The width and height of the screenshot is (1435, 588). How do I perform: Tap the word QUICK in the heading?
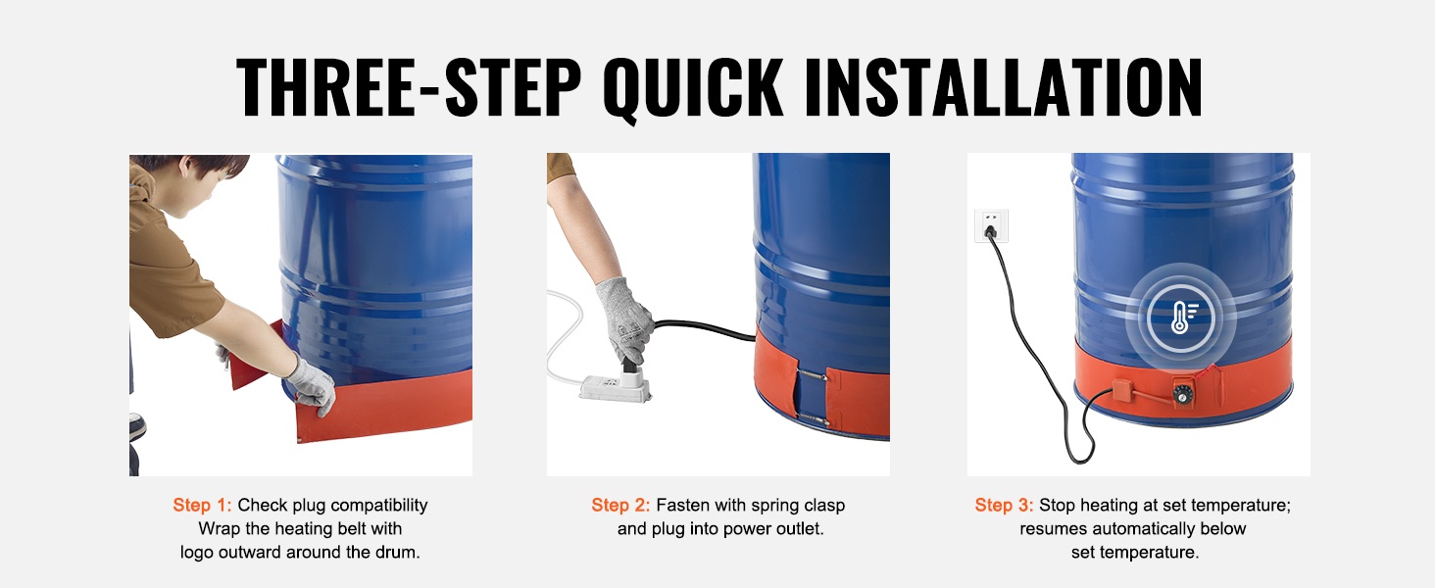click(x=693, y=88)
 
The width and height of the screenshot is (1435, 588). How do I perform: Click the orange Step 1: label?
click(x=202, y=506)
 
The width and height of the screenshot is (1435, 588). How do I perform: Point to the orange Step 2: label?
click(x=620, y=506)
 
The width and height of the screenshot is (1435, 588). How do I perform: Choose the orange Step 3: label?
click(x=1004, y=506)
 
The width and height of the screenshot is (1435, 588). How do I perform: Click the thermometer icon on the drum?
click(x=1180, y=318)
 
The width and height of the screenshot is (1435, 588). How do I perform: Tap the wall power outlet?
click(x=991, y=225)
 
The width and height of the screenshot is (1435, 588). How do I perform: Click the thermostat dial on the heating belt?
click(x=1182, y=393)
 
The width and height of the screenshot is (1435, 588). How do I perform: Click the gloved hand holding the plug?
click(x=623, y=320)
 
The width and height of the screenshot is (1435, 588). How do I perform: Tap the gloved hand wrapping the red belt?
click(x=312, y=384)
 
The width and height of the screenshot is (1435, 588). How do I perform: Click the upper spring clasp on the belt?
click(x=812, y=375)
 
